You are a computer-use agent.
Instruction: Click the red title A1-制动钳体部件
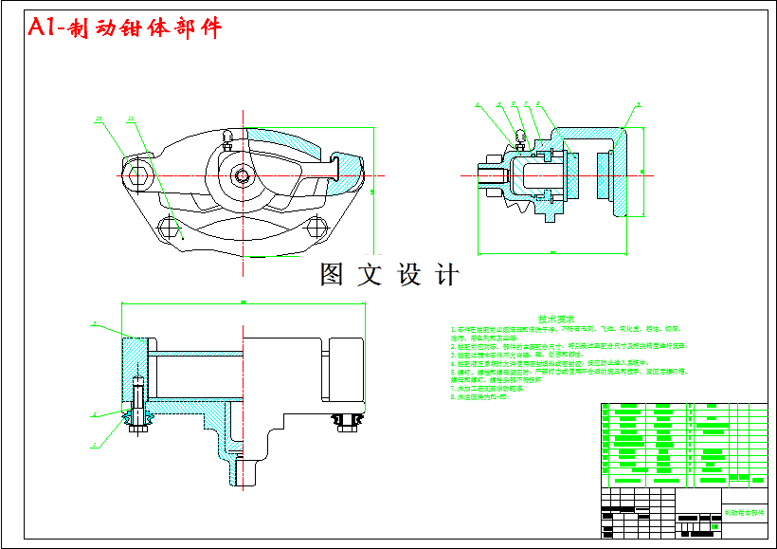pyautogui.click(x=125, y=28)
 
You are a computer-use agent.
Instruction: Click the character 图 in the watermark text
pyautogui.click(x=332, y=275)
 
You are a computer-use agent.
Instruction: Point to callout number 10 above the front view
pyautogui.click(x=99, y=119)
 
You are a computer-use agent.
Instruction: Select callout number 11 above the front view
pyautogui.click(x=130, y=119)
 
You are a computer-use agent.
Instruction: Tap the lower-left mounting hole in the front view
pyautogui.click(x=171, y=228)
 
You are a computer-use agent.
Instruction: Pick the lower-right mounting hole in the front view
pyautogui.click(x=319, y=226)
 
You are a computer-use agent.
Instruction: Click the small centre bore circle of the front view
pyautogui.click(x=244, y=175)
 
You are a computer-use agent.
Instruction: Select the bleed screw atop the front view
pyautogui.click(x=226, y=139)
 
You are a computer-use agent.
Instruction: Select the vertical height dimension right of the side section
pyautogui.click(x=642, y=172)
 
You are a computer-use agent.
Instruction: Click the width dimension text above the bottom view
pyautogui.click(x=244, y=302)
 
